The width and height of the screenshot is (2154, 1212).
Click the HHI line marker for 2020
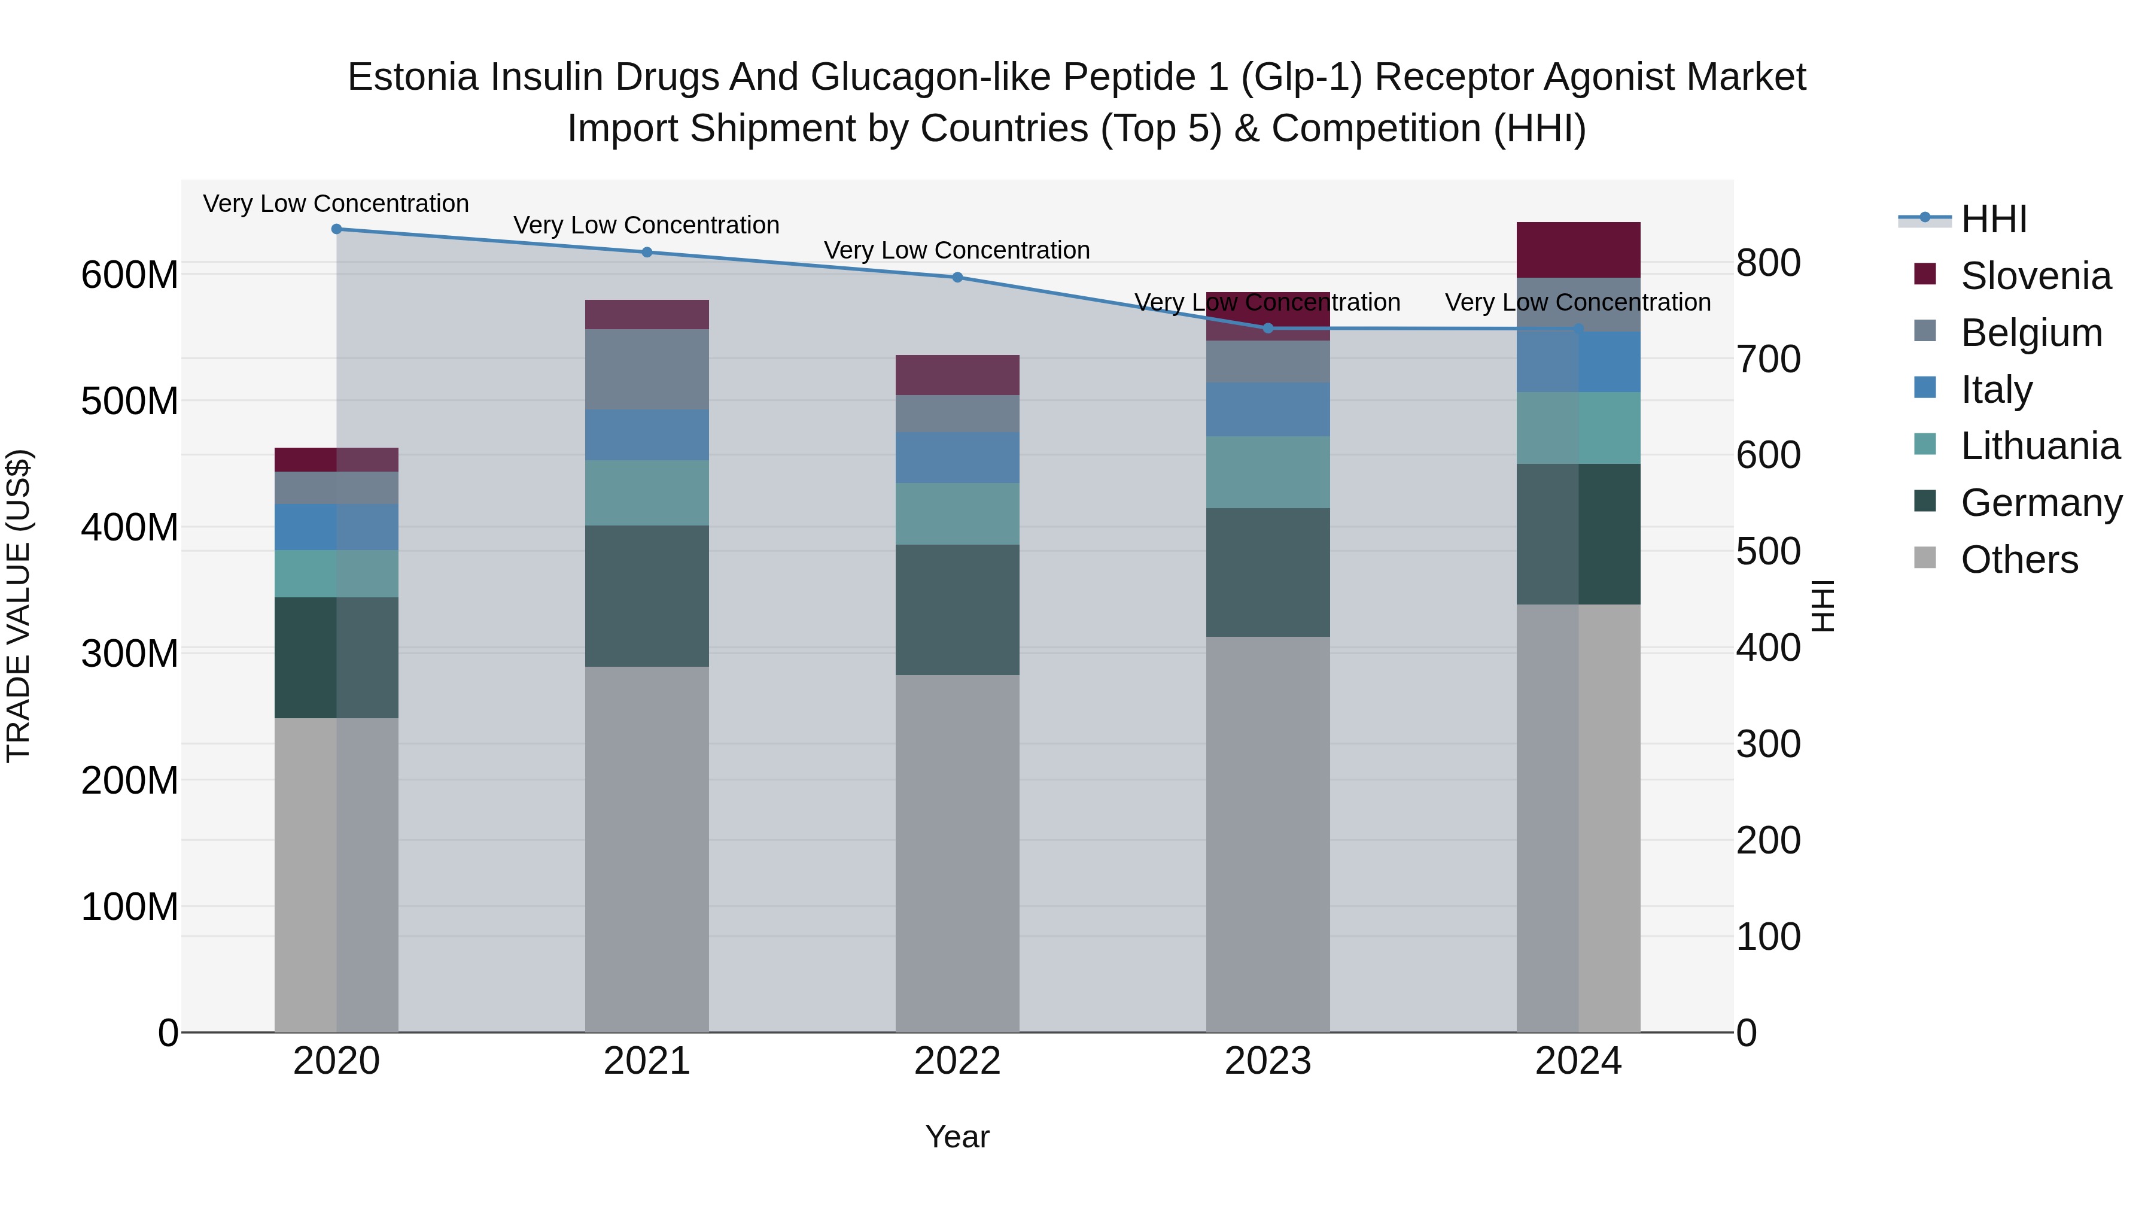(336, 229)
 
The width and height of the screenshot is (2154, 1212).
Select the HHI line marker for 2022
(957, 278)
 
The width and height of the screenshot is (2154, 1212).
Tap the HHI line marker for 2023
(1268, 329)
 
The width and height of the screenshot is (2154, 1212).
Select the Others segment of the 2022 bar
(957, 853)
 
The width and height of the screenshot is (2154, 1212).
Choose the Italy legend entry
(1996, 390)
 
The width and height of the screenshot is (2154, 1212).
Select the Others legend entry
(2019, 560)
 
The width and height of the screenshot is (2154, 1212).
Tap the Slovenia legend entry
(2036, 276)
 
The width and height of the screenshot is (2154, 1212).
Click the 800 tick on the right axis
(1767, 263)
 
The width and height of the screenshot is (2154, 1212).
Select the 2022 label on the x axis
(957, 1061)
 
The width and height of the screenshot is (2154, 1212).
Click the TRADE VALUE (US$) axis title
(19, 606)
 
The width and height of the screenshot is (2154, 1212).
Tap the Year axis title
(957, 1137)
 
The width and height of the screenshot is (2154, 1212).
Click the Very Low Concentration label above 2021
(646, 225)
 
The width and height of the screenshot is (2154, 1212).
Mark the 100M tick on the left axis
(130, 907)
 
